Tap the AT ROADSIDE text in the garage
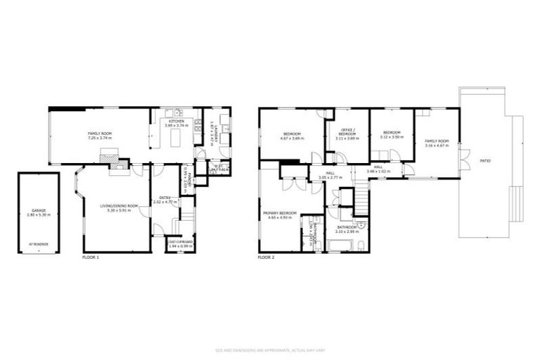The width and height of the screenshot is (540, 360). (x=39, y=245)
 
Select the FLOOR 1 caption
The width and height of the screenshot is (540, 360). (x=91, y=258)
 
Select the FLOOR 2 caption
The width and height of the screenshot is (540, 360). (x=266, y=258)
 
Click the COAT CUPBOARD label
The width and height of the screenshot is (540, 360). (x=181, y=242)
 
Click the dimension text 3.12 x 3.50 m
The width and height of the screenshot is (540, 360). (x=392, y=137)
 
